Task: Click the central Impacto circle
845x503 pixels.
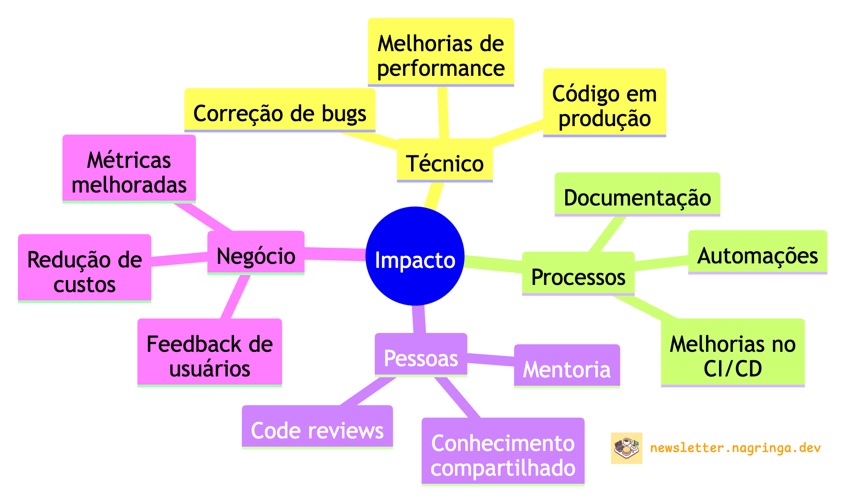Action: pos(415,256)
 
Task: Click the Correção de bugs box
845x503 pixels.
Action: pos(280,110)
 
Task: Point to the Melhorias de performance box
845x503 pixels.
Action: pos(441,52)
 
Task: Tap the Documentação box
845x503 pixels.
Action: pos(637,194)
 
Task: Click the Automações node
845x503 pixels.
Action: pos(757,252)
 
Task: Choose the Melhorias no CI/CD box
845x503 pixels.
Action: pos(732,353)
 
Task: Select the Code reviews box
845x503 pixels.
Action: pos(317,427)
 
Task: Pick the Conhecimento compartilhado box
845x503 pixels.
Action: pos(503,452)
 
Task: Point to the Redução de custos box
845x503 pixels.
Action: pos(84,268)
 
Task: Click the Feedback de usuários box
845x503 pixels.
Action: pos(209,353)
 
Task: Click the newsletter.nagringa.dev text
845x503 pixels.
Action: pos(735,448)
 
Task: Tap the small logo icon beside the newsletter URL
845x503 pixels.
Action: pos(626,448)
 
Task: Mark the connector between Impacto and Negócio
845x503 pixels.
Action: pos(335,254)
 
